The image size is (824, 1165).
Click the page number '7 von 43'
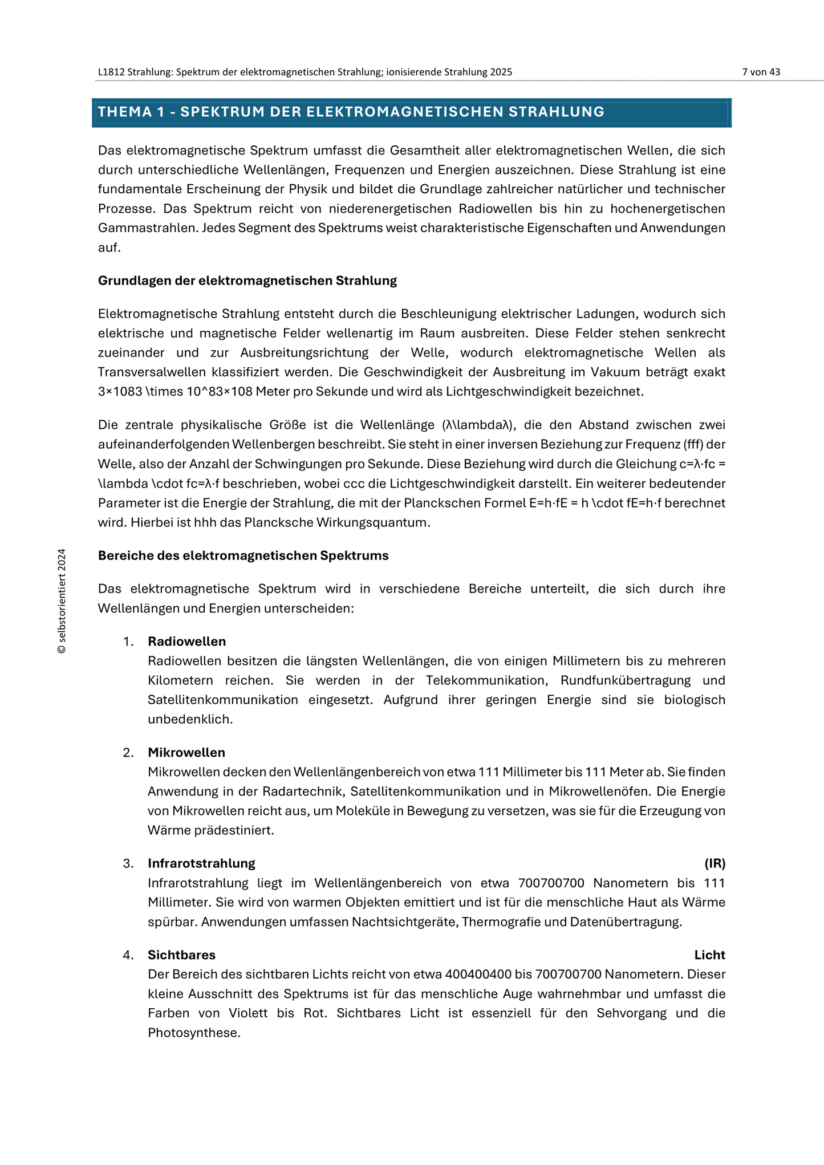[761, 72]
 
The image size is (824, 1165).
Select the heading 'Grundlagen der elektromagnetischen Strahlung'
[247, 281]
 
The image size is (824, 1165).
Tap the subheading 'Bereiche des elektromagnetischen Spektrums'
[243, 555]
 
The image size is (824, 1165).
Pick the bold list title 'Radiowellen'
[186, 642]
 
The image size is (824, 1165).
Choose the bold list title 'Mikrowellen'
[186, 753]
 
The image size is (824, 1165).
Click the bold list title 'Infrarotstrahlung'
[201, 863]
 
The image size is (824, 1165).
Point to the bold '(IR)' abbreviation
[715, 863]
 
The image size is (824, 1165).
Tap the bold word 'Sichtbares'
[181, 955]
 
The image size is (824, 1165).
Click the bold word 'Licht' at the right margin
[709, 955]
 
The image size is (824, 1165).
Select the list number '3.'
[128, 863]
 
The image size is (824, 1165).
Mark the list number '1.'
[128, 642]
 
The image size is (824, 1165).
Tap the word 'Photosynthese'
[193, 1033]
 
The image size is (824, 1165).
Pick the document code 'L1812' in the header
[111, 72]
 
